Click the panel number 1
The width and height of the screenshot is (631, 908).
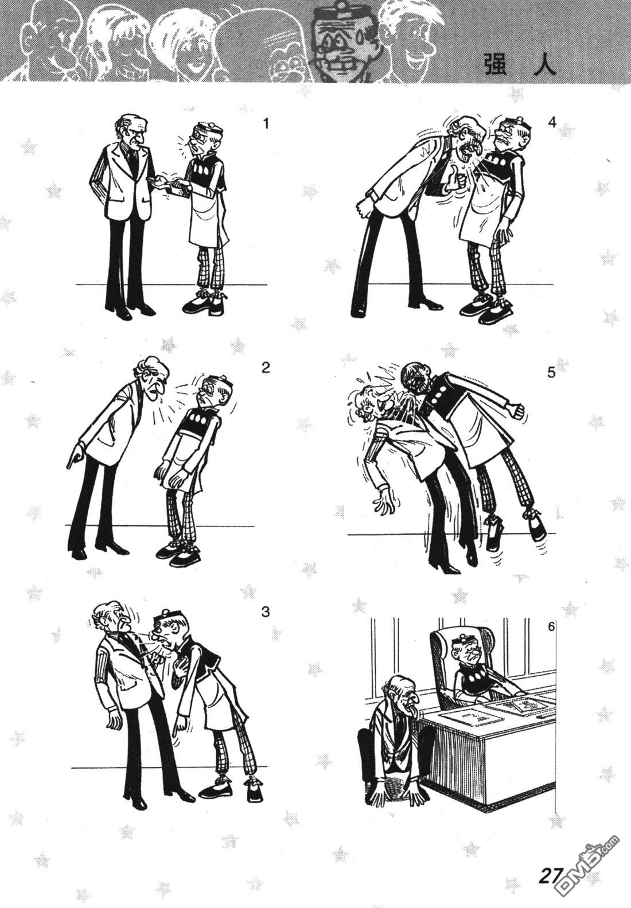coord(266,123)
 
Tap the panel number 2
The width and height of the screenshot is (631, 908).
coord(266,368)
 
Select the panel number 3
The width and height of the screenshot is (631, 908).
coord(266,612)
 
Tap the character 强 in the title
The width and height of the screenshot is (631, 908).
coord(496,64)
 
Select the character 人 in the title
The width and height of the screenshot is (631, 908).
coord(543,64)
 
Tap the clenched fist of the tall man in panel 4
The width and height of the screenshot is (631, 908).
coord(364,206)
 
